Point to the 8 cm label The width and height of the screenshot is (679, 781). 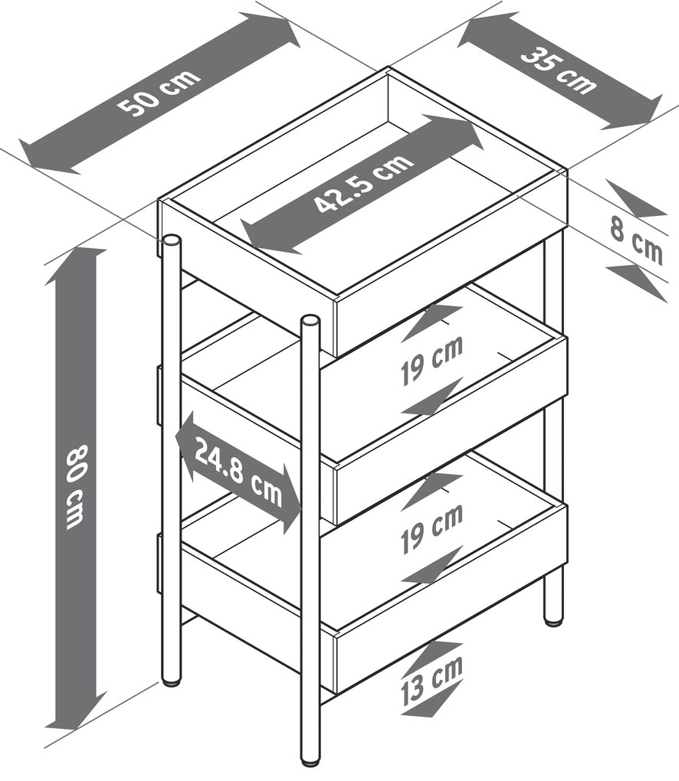[x=636, y=243]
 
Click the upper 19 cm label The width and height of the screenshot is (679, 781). [x=431, y=360]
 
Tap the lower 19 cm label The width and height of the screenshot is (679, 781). [x=431, y=528]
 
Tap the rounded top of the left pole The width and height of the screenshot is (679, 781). [x=171, y=240]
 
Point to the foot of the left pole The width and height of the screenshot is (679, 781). [x=171, y=682]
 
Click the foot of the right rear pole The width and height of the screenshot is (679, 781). [x=553, y=620]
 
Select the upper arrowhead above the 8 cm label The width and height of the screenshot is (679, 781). [x=637, y=200]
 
